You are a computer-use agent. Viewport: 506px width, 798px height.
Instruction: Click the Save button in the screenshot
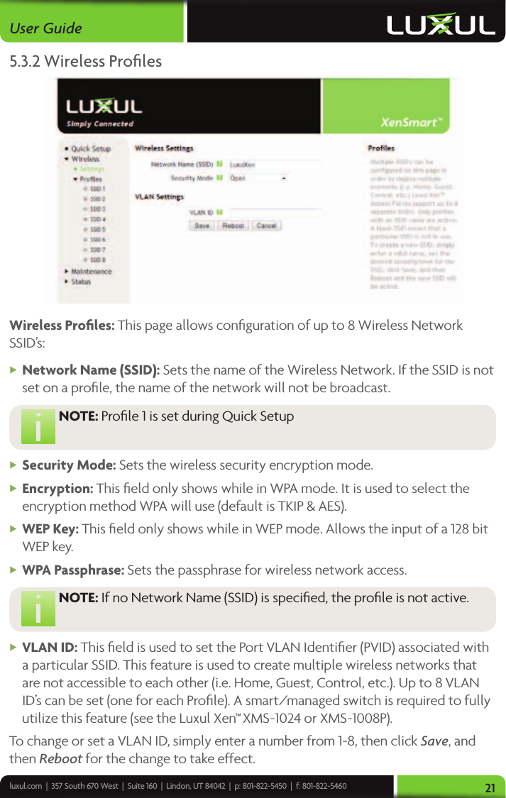point(202,226)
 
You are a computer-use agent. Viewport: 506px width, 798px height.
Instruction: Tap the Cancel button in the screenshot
point(266,226)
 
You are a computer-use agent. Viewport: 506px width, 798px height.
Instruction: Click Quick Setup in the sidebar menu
point(90,149)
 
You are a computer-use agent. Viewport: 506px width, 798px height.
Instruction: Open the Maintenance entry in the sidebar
point(91,271)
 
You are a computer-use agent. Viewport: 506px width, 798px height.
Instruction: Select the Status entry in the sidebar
point(80,282)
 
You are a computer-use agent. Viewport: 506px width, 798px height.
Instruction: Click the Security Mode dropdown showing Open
point(258,178)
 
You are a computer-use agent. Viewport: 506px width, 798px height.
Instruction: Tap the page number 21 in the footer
point(490,787)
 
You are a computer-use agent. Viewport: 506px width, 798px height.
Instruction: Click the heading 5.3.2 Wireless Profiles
point(85,61)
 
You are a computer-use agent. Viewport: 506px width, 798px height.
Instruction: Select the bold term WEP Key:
point(50,529)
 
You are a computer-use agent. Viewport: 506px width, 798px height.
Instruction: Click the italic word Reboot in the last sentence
point(60,758)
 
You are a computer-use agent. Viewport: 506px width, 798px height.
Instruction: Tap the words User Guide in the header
point(45,28)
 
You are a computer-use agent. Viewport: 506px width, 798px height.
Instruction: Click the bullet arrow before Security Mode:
point(14,465)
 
